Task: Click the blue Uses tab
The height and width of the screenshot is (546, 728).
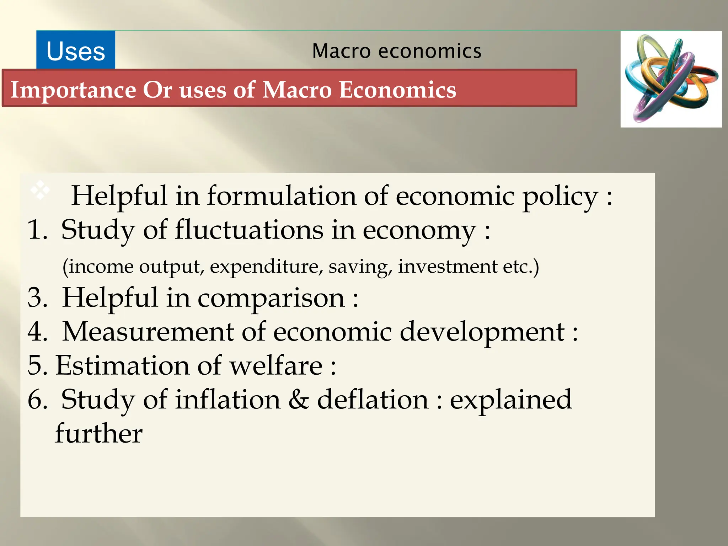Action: [76, 50]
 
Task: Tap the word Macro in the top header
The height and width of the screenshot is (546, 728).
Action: [341, 51]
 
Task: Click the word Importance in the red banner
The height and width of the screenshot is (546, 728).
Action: [73, 90]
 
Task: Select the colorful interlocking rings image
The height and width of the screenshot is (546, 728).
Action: [671, 79]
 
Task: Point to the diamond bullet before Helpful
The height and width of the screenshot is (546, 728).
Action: [40, 190]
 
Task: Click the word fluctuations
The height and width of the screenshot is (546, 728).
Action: [249, 230]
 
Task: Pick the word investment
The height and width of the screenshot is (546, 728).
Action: [448, 266]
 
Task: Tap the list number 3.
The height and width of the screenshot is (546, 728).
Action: [37, 298]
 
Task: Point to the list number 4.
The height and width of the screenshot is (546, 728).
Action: [37, 332]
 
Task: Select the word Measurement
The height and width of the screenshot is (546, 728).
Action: [148, 332]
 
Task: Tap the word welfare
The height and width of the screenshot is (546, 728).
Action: [276, 365]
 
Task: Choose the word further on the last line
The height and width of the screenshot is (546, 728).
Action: [99, 433]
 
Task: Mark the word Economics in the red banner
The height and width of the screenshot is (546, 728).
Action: [397, 90]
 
